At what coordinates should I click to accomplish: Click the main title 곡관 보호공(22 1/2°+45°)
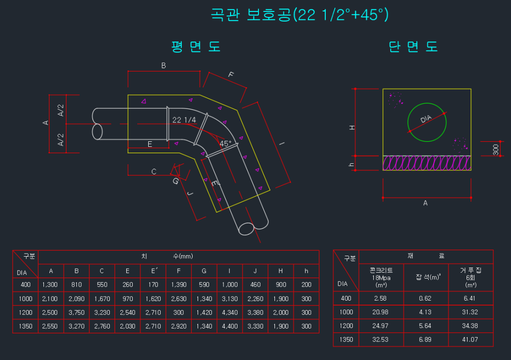300,15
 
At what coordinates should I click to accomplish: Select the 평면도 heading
196,47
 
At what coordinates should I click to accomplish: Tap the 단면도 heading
413,47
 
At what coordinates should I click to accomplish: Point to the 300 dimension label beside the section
496,149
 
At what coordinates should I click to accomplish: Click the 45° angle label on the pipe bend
226,143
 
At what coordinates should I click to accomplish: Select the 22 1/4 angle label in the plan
184,120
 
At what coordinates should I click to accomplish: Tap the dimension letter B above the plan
163,66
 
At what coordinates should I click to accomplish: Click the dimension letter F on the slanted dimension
231,75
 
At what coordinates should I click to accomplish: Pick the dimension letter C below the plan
154,172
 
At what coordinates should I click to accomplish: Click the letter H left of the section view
352,127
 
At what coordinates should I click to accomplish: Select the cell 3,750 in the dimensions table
76,313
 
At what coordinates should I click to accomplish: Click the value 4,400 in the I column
230,327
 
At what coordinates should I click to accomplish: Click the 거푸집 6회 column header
471,276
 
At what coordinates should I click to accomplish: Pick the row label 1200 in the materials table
346,326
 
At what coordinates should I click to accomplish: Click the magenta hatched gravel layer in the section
427,163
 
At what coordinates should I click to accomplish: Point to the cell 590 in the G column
204,285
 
